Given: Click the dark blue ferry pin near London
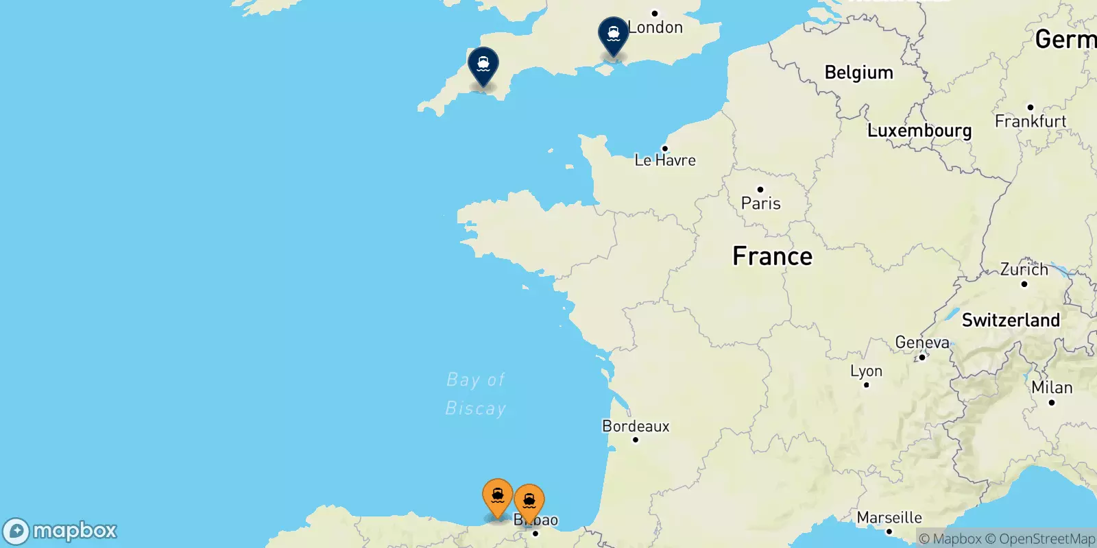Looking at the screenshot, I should (x=613, y=34).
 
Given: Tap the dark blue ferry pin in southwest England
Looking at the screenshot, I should (x=483, y=65).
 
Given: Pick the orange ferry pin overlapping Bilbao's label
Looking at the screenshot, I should (x=529, y=502).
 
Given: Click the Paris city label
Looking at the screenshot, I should (x=760, y=203).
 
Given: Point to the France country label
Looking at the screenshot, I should (x=772, y=256).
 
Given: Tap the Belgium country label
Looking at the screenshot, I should (x=858, y=73).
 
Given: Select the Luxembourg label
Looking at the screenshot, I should (x=919, y=131).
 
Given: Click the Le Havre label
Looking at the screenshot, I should (x=664, y=160).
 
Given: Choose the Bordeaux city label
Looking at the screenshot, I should (x=636, y=426).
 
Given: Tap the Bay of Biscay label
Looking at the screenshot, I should (x=475, y=394).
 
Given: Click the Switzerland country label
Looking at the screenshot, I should (x=1010, y=320).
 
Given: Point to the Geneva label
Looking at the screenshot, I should (x=922, y=342).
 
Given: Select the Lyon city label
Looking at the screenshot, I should (x=866, y=371).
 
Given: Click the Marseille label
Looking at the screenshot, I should (x=889, y=518).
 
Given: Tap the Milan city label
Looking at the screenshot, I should (x=1052, y=388).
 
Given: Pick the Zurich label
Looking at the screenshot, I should (x=1024, y=269).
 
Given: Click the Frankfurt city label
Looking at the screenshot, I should (x=1030, y=121).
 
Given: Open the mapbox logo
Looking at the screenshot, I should (x=60, y=531).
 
